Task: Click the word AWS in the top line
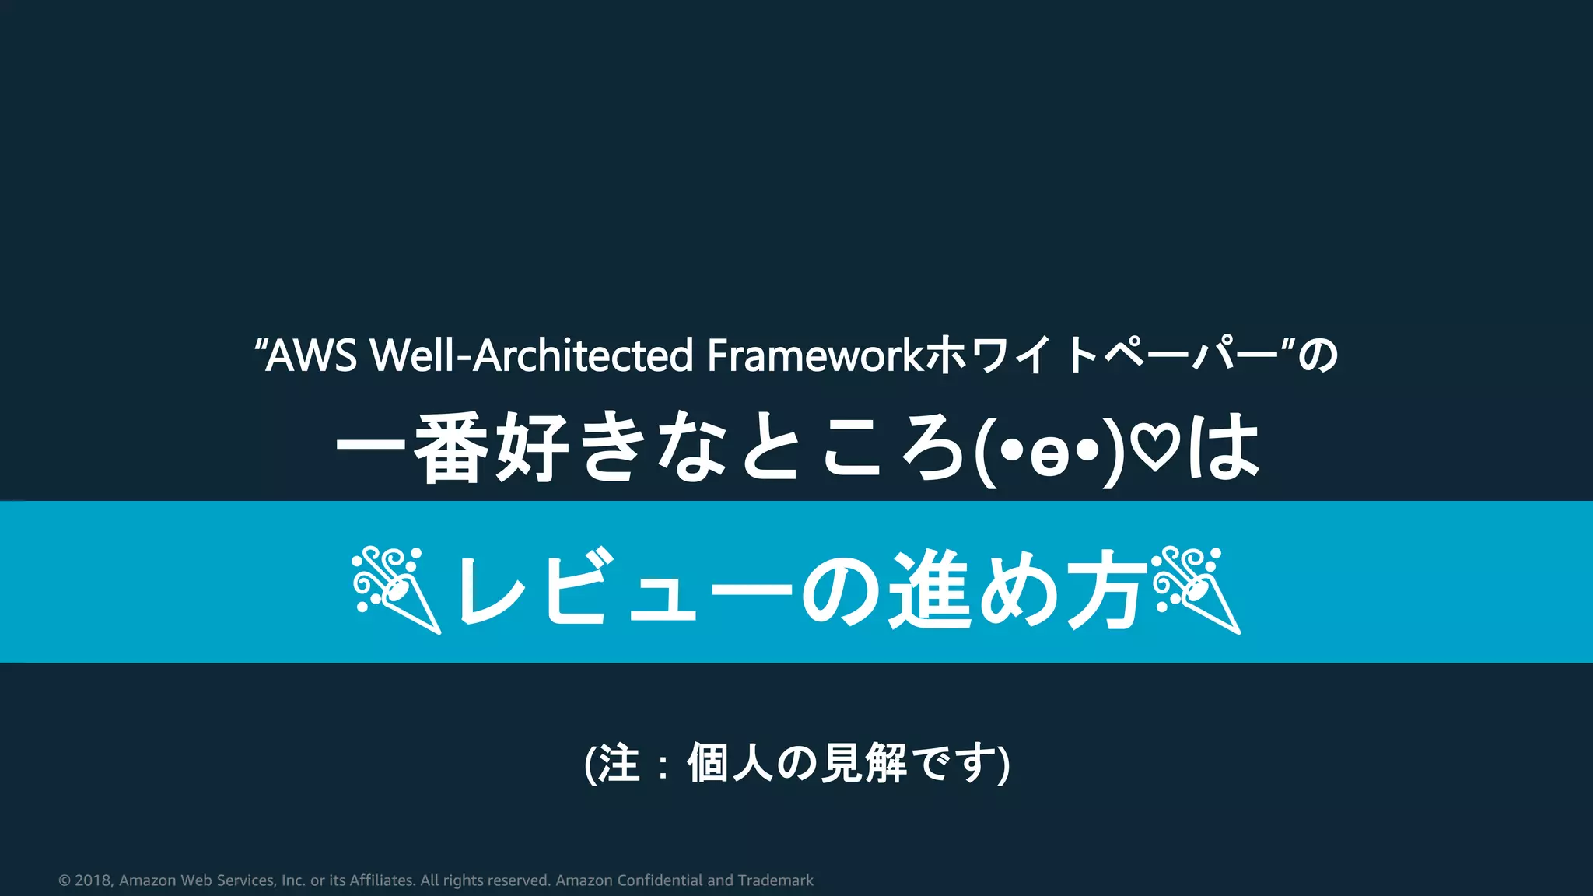click(x=311, y=355)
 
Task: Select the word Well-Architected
click(x=531, y=355)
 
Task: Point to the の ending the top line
click(x=1318, y=355)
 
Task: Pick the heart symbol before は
click(x=1155, y=450)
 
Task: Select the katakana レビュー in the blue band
click(x=622, y=589)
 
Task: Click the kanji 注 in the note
click(x=619, y=763)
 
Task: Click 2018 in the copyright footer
click(x=93, y=880)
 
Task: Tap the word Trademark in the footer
click(x=775, y=880)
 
